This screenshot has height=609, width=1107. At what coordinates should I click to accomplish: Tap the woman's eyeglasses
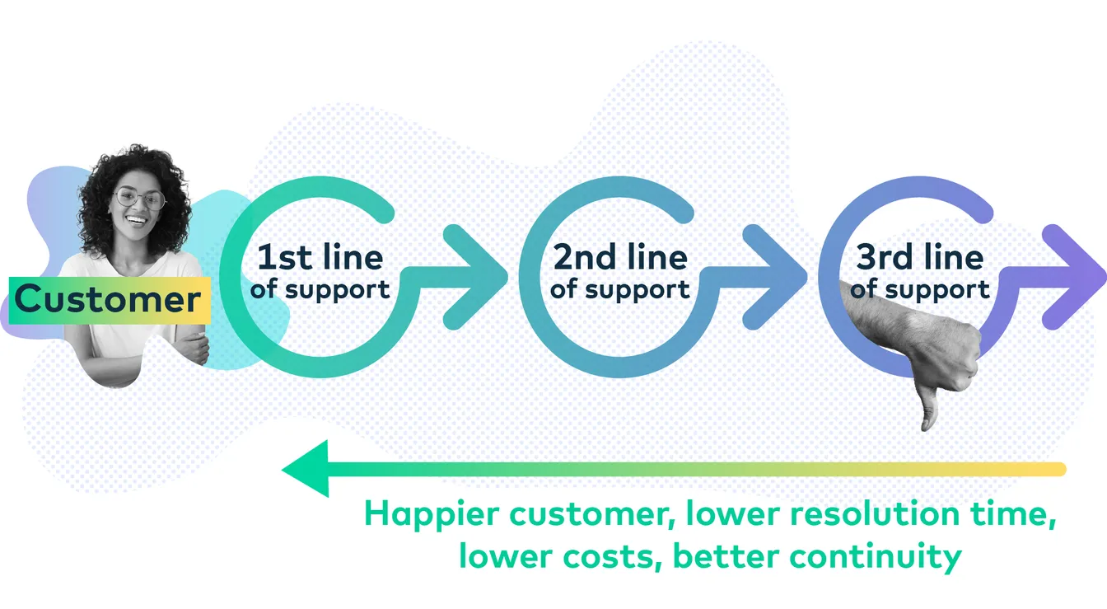point(139,199)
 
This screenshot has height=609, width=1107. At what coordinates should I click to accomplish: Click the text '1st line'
point(320,258)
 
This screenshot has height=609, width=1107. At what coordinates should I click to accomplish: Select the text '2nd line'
point(619,258)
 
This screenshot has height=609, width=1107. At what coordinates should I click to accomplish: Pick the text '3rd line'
point(919,258)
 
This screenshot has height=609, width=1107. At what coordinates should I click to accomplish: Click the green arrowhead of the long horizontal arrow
point(306,469)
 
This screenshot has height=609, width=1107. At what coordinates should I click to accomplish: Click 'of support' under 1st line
point(320,290)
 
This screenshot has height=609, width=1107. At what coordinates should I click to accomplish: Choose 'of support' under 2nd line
point(619,290)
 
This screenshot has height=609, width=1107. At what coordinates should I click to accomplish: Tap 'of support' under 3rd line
point(919,290)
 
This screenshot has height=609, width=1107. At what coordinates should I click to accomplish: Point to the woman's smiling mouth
point(137,221)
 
